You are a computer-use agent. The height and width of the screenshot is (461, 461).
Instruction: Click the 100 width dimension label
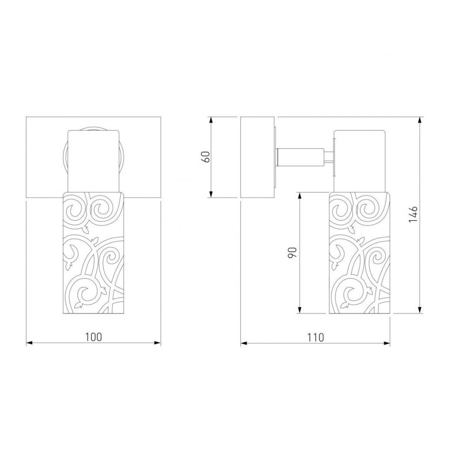tap(94, 336)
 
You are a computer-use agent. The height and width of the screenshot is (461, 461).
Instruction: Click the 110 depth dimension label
tap(316, 337)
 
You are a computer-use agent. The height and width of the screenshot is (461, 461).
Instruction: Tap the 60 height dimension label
tap(206, 157)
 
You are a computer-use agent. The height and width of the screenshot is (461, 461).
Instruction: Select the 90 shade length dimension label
tap(292, 252)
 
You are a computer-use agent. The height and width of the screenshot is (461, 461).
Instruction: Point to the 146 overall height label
tap(413, 214)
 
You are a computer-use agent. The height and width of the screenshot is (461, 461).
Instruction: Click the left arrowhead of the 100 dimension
tap(29, 343)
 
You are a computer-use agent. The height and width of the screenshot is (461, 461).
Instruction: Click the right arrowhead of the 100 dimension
tap(158, 343)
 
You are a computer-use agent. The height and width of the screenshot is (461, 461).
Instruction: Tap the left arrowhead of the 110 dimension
tap(244, 343)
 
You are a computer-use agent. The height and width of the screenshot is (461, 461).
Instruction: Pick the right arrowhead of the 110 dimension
tap(387, 343)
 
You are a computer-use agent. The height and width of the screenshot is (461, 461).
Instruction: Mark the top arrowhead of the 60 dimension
tap(211, 120)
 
